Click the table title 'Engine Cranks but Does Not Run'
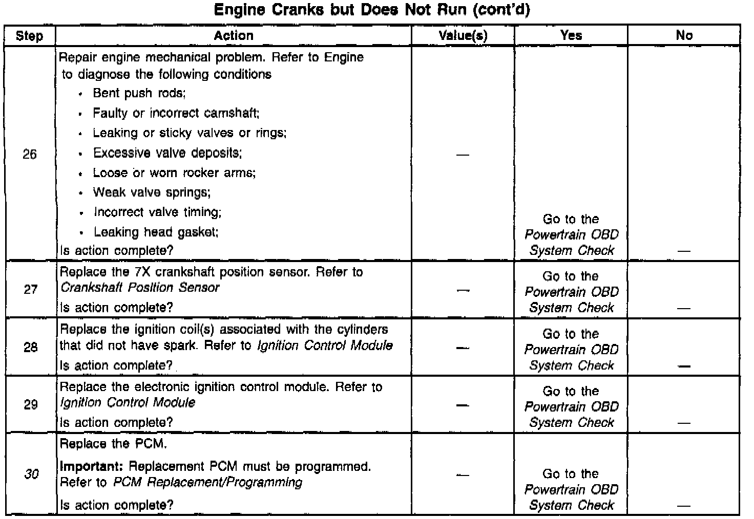372,10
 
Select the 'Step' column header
29,36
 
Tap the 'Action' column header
234,35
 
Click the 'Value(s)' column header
463,35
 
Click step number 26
30,154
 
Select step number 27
30,290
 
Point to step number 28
30,348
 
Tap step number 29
30,404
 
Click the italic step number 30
31,474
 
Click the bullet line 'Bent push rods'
139,93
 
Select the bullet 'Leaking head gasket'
156,232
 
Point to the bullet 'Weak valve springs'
152,192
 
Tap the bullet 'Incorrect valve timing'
157,212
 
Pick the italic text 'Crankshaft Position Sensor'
140,288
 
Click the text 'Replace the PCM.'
113,444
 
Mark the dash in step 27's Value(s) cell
463,290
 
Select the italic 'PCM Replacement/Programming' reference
207,483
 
